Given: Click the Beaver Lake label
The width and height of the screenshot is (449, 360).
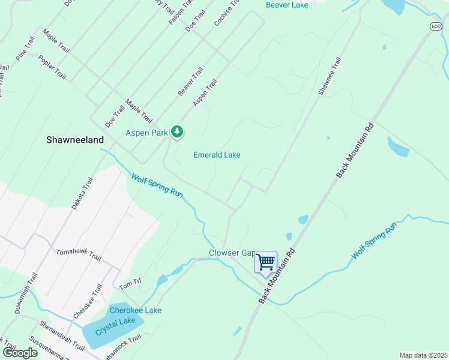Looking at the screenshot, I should [286, 5].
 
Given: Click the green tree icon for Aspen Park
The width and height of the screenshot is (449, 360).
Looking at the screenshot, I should [176, 131].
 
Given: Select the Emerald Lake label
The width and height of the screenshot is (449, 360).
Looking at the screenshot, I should [217, 155].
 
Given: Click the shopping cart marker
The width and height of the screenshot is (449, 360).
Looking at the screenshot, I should [265, 262].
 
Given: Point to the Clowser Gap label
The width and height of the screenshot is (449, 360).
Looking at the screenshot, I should [231, 253].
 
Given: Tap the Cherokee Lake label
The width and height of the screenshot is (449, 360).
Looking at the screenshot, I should [135, 310].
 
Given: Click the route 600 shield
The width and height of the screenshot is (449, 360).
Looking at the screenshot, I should [436, 26].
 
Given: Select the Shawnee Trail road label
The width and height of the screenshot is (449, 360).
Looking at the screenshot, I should [330, 76].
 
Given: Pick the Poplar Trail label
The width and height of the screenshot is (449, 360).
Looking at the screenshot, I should [52, 67].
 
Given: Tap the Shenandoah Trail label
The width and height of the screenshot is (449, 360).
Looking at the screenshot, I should [62, 335].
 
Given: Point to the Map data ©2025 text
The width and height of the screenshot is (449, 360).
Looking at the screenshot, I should [423, 355].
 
